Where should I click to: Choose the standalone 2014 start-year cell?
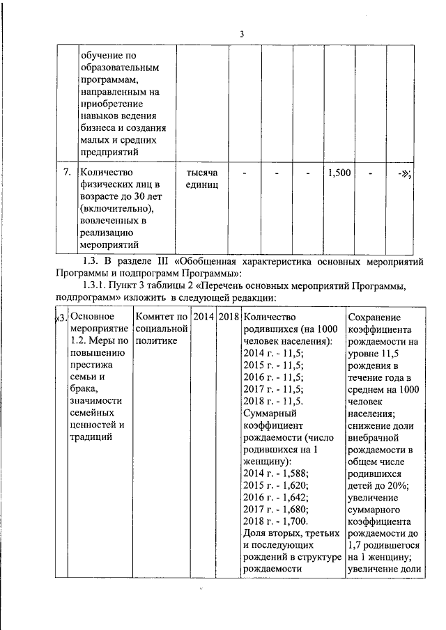[203, 317]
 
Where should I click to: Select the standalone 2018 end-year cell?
[228, 317]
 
